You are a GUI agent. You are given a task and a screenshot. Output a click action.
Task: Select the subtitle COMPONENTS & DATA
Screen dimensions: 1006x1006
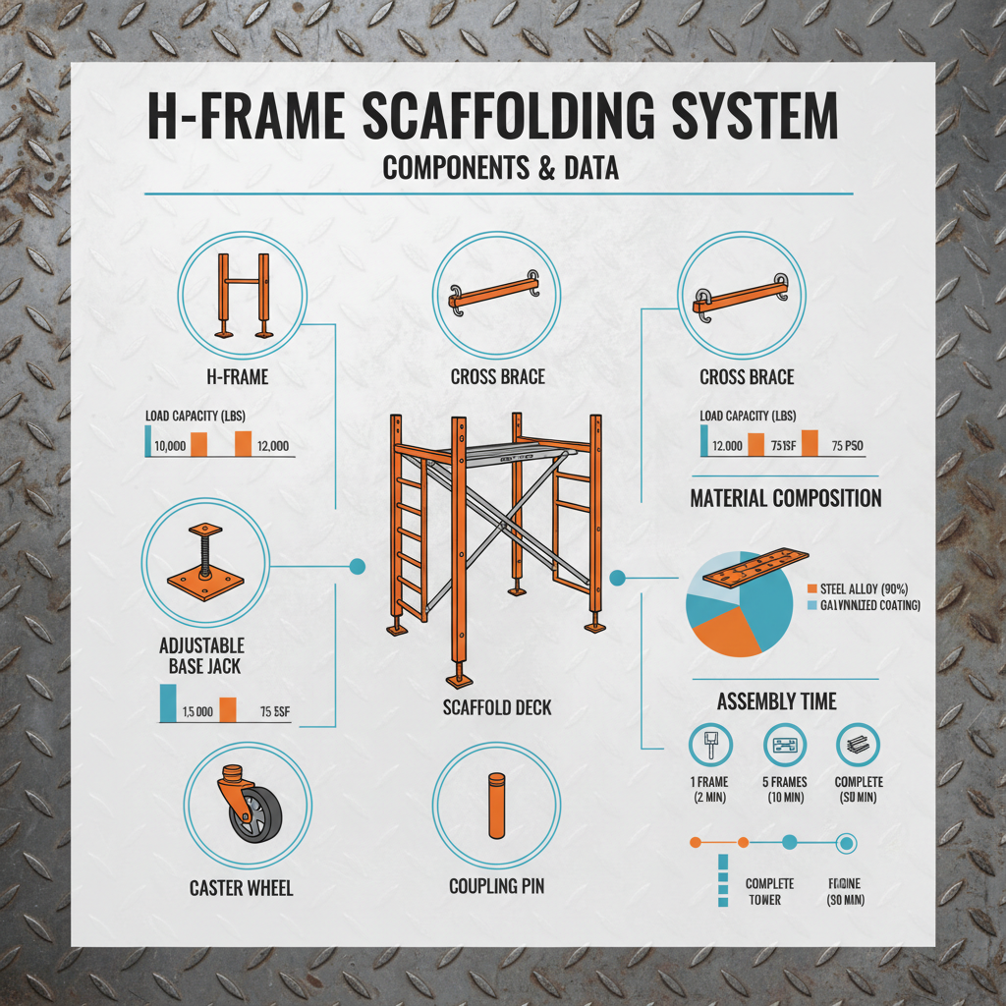point(501,168)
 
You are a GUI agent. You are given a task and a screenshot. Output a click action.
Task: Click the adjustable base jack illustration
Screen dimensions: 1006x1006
point(205,567)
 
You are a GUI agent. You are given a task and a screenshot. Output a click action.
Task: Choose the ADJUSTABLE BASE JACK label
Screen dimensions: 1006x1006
point(202,656)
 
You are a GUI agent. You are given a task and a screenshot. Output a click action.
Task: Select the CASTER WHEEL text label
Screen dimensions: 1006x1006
point(241,888)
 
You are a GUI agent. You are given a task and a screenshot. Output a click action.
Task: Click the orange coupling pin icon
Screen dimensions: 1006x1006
point(496,807)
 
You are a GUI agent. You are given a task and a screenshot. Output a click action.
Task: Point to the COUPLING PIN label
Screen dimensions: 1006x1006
point(496,886)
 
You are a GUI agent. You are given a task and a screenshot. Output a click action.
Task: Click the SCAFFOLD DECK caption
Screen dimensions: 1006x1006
point(497,707)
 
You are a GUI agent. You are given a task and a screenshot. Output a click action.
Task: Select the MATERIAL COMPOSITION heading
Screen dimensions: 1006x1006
point(785,498)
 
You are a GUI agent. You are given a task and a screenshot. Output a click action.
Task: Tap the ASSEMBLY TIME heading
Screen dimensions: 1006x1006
point(776,701)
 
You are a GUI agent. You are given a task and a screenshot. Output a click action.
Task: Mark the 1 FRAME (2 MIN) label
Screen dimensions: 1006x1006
point(707,789)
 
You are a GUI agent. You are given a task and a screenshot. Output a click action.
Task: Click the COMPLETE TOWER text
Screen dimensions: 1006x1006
point(769,891)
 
